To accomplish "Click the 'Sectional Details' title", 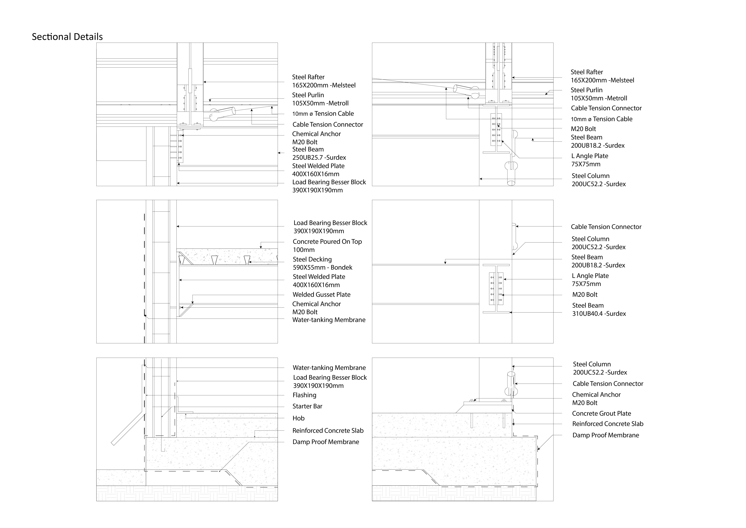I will [x=67, y=37].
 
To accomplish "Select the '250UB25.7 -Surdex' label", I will [x=319, y=157].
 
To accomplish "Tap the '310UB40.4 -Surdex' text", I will [x=599, y=314].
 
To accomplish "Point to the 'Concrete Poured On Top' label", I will [x=327, y=241].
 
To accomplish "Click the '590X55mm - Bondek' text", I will [x=322, y=267].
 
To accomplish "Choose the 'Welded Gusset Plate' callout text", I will [x=321, y=294].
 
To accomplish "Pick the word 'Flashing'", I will [x=304, y=395].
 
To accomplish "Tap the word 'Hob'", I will [x=298, y=418].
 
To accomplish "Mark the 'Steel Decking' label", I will [x=312, y=259].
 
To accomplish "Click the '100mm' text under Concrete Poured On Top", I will [x=303, y=250].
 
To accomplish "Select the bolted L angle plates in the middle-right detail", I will [x=496, y=288].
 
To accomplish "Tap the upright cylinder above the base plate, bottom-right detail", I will [x=511, y=384].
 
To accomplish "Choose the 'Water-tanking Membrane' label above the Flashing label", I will [x=329, y=368].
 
